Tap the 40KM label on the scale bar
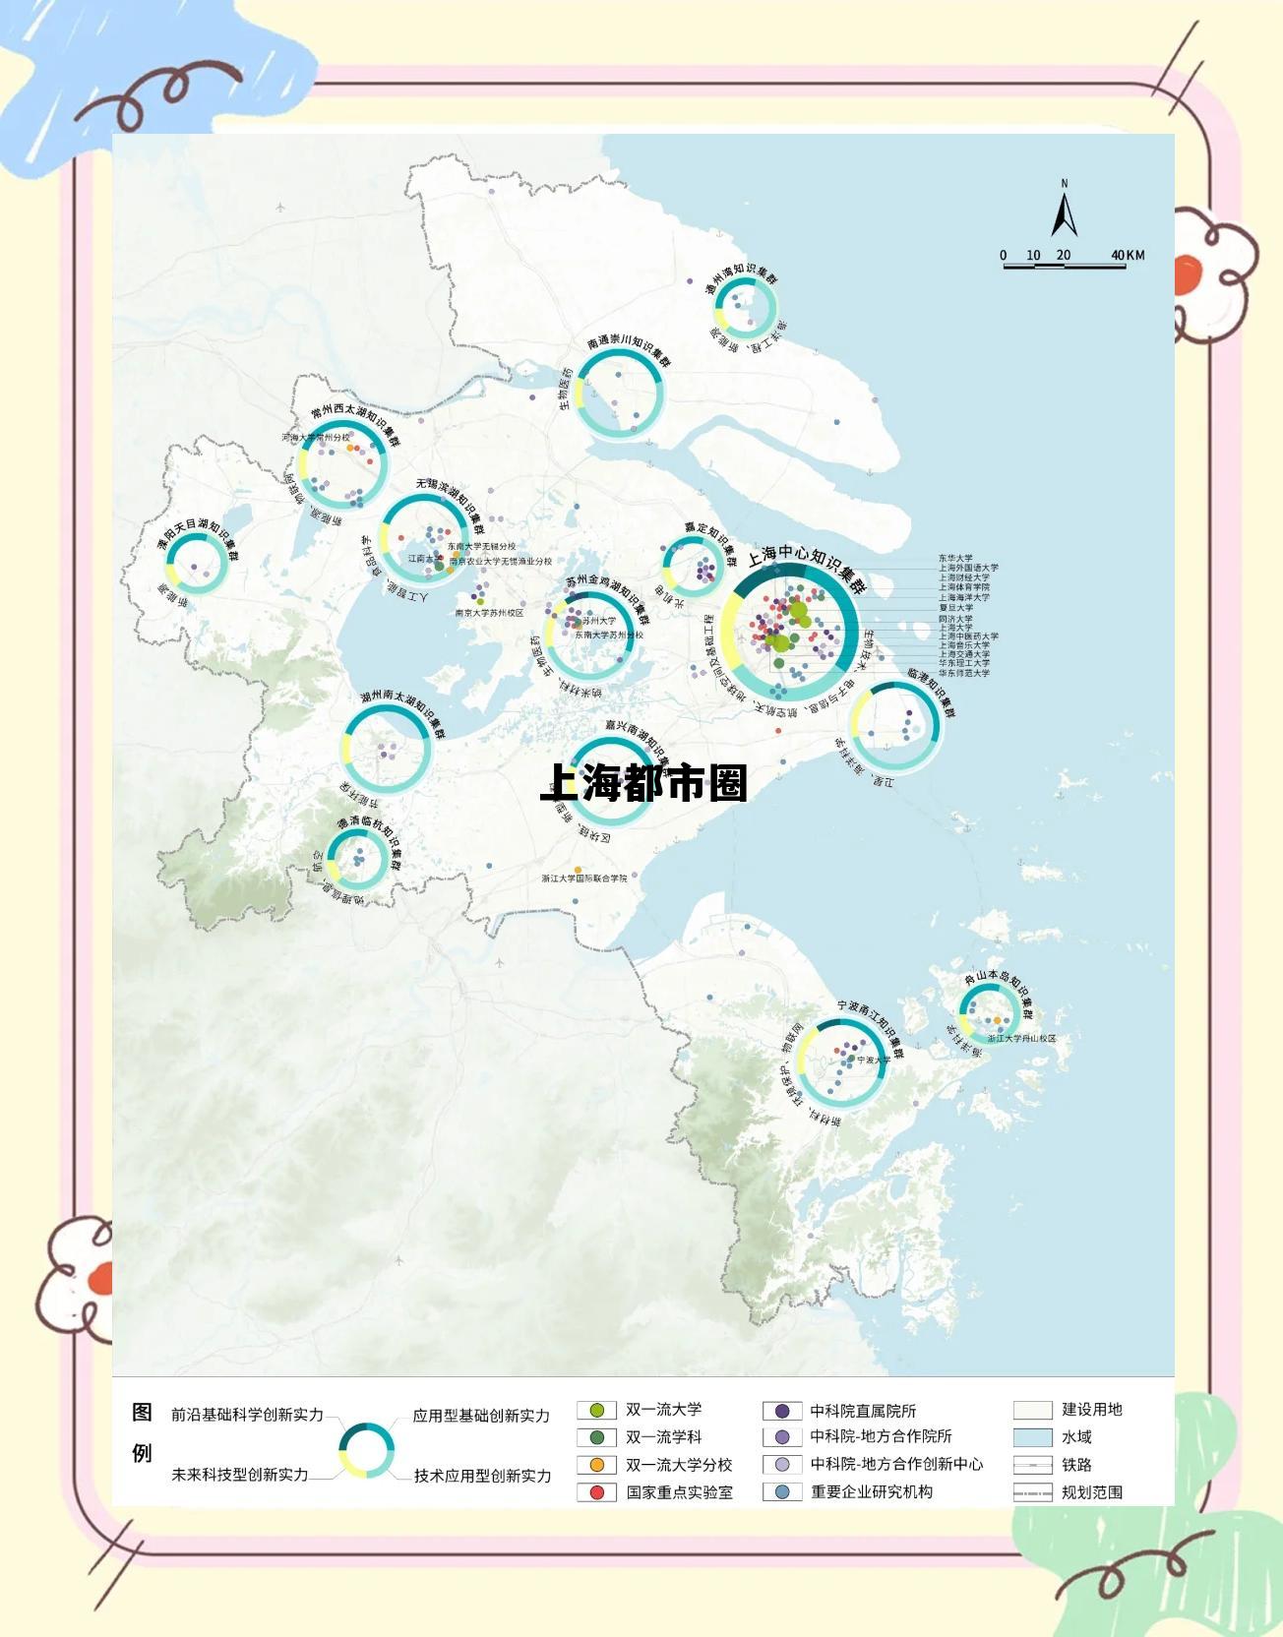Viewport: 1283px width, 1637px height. point(1128,255)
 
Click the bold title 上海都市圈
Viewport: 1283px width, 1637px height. point(644,783)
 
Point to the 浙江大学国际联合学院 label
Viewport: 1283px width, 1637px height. point(583,878)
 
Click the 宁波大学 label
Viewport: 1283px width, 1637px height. point(873,1061)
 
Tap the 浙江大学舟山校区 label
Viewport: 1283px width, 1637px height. point(1021,1038)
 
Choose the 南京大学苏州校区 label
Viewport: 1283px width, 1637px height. point(489,613)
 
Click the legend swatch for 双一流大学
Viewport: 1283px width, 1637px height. point(596,1410)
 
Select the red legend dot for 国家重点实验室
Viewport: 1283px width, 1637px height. point(596,1492)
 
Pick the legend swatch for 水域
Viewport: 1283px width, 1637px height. point(1032,1437)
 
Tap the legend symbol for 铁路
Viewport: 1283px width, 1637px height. point(1032,1465)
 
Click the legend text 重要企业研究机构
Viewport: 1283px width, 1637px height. point(871,1492)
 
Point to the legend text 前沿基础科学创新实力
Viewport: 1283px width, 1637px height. point(247,1415)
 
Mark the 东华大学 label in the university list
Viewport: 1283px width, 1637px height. point(955,559)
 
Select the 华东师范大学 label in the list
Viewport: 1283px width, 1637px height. point(963,673)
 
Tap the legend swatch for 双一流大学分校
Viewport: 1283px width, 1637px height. point(596,1465)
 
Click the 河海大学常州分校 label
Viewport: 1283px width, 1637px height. point(316,437)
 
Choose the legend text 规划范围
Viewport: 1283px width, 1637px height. point(1091,1492)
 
